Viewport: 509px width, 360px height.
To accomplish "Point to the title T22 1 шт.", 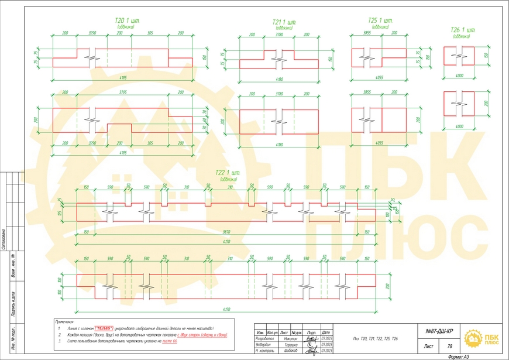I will [228, 173].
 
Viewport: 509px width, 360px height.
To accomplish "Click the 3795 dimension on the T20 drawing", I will [122, 92].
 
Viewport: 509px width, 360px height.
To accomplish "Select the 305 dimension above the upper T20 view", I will [150, 34].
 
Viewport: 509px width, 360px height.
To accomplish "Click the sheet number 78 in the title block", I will [449, 347].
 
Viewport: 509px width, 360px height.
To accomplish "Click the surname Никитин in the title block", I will [291, 339].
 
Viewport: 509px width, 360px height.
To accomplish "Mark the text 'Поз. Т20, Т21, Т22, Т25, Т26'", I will [375, 339].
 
